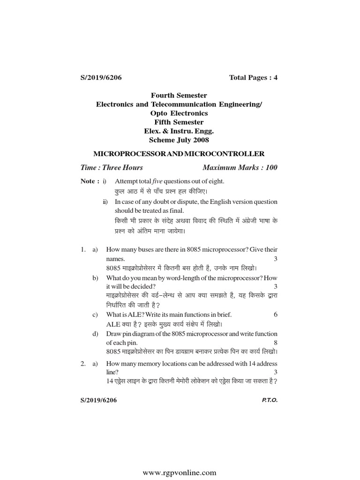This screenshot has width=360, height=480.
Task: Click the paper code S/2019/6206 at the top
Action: (102, 77)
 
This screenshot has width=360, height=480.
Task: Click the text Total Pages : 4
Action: (253, 77)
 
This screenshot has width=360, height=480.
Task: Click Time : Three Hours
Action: (112, 167)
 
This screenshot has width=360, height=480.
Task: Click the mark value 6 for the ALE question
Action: (276, 314)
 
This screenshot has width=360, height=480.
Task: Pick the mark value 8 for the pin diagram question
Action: (276, 343)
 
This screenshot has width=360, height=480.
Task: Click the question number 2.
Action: (82, 363)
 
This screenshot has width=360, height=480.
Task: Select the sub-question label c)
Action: (95, 314)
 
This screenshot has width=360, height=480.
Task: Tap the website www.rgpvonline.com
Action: (180, 472)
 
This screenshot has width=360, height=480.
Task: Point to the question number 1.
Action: (82, 249)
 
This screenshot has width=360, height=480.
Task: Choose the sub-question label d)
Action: (95, 334)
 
